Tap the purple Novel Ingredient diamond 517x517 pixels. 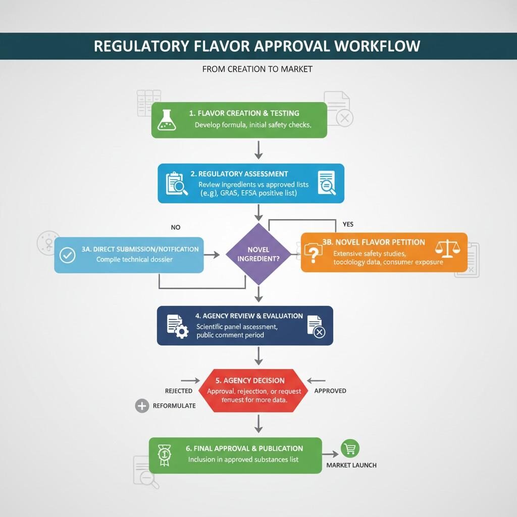coord(258,254)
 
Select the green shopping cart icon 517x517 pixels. coord(350,448)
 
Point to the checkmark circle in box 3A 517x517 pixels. coord(67,255)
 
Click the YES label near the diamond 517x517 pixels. coord(348,224)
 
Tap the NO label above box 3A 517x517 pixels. coord(175,227)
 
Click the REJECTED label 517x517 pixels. coord(179,391)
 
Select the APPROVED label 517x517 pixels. coord(330,391)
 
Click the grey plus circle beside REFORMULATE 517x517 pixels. coord(142,405)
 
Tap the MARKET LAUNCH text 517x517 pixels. coord(351,465)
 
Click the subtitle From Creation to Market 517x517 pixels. coord(257,69)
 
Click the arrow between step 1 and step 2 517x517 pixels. coord(258,149)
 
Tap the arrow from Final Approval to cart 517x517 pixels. coord(330,455)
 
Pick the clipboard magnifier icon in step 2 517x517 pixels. coord(176,183)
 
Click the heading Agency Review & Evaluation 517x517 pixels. coord(249,316)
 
